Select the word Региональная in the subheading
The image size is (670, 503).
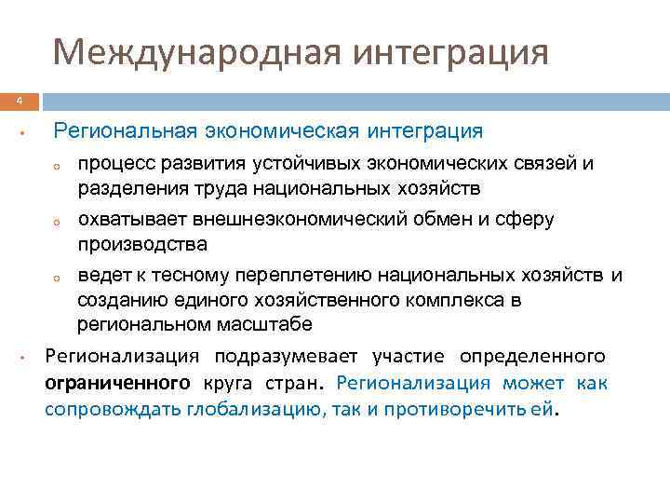[124, 130]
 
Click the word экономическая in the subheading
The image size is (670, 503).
[281, 130]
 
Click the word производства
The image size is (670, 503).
[142, 243]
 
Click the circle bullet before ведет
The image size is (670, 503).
[57, 278]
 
